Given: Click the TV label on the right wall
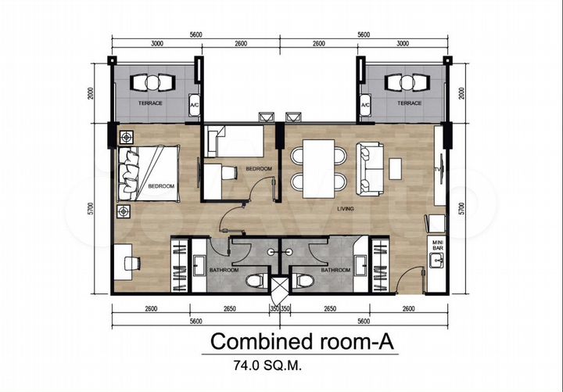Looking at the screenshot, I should coord(439,169).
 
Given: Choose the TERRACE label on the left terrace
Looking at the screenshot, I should coord(149,102).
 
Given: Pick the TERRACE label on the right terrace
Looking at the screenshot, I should coord(409,102).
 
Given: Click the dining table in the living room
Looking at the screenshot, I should coord(318,168).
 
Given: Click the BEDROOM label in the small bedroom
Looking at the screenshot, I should coord(258,169).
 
